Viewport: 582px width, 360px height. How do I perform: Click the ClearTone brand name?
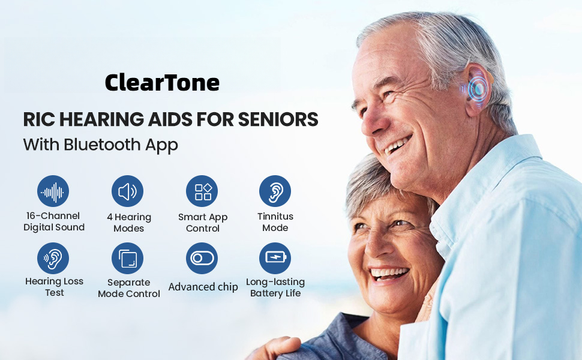(x=162, y=82)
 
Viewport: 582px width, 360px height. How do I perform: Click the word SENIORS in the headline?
(x=278, y=119)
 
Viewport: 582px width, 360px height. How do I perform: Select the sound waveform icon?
(x=53, y=191)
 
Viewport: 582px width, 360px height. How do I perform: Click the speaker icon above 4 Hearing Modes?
(x=127, y=191)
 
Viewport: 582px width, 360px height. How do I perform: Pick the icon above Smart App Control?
(x=202, y=191)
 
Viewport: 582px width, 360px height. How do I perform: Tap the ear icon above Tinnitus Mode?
(x=275, y=191)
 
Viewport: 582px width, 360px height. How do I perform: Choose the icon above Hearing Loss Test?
(x=53, y=259)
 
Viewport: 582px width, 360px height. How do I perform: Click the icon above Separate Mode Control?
(x=127, y=259)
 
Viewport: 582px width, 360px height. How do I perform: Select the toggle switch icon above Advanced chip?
(x=202, y=259)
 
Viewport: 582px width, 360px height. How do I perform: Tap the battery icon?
(x=275, y=259)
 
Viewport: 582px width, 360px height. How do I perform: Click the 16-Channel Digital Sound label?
(x=54, y=221)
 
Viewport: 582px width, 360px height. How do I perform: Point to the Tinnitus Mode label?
(x=275, y=222)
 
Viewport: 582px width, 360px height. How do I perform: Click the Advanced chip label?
(x=203, y=287)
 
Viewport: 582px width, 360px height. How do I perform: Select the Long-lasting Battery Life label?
(x=275, y=287)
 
